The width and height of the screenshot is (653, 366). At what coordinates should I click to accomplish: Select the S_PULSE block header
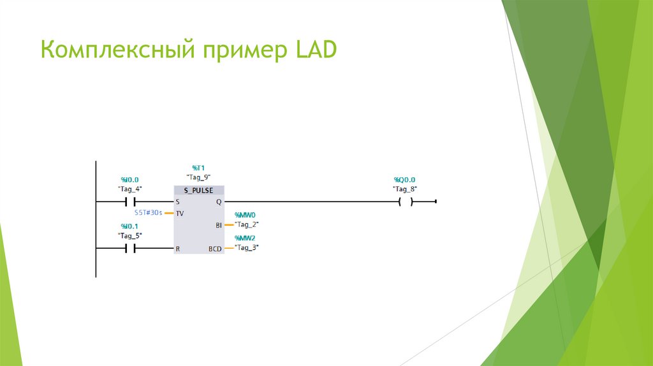[198, 190]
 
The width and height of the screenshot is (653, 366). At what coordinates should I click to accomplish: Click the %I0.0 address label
[129, 180]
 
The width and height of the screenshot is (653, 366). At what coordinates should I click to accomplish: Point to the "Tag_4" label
[129, 189]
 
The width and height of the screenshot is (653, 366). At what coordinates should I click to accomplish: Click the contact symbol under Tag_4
[129, 202]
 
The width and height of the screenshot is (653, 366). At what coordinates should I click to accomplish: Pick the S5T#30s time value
[149, 212]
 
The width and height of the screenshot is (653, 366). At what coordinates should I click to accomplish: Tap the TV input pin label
[180, 213]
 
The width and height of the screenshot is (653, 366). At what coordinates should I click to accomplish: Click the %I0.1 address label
[129, 226]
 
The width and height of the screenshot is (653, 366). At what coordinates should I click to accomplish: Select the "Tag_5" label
[129, 235]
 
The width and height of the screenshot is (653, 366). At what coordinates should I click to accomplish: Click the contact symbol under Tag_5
[129, 249]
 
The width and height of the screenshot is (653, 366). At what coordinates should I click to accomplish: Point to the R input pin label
[178, 249]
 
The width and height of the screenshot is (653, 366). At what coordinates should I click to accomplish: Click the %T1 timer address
[198, 168]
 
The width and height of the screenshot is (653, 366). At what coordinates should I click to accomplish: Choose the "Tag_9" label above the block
[198, 177]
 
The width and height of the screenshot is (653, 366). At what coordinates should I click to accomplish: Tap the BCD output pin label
[216, 249]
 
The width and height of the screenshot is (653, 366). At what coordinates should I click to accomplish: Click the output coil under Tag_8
[404, 202]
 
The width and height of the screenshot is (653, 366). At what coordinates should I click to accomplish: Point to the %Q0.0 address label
[404, 180]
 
